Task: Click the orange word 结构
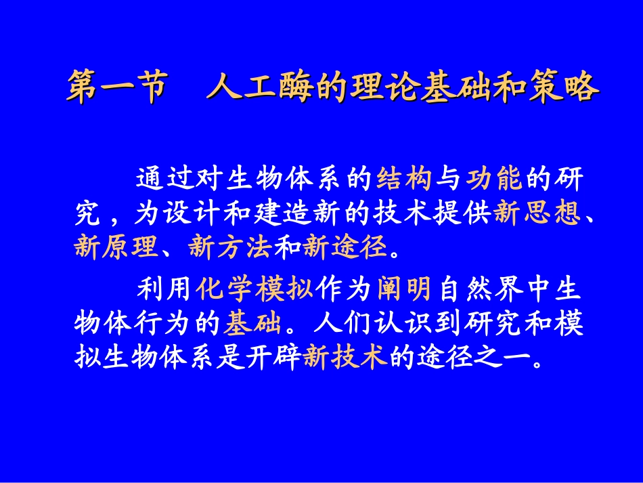(403, 179)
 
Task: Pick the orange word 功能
(494, 179)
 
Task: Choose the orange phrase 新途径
(346, 247)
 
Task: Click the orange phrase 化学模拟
(254, 290)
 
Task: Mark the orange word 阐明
(404, 290)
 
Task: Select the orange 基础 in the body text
(253, 324)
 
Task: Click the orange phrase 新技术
(346, 357)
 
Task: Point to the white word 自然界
(481, 290)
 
